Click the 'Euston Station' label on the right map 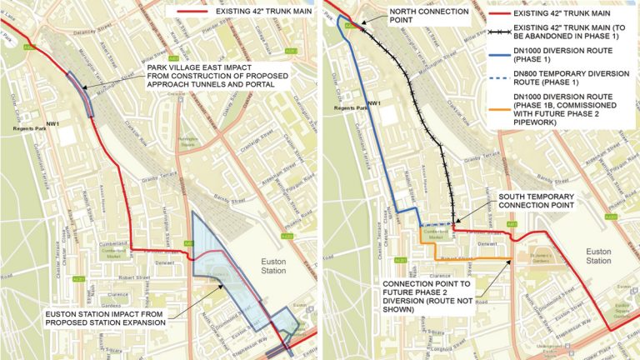pos(598,255)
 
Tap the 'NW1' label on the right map pos(373,104)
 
